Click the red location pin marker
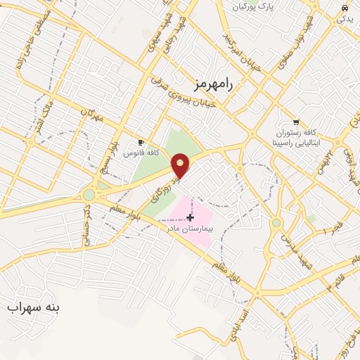[x=181, y=165]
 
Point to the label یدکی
[x=345, y=19]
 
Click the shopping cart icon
[x=296, y=120]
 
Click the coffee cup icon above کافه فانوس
[x=142, y=141]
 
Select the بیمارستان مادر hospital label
[x=190, y=229]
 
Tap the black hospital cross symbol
[x=190, y=218]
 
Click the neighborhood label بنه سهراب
[x=34, y=307]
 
